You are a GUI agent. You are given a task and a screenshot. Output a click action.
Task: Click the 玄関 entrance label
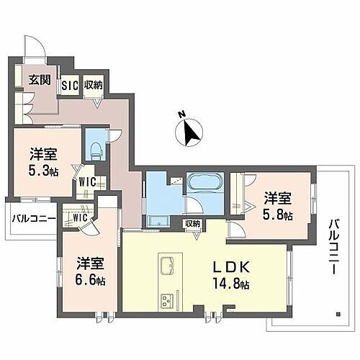click(x=40, y=80)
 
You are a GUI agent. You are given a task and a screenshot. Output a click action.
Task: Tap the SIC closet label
click(x=69, y=86)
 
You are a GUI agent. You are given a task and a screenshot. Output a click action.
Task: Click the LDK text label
click(x=233, y=266)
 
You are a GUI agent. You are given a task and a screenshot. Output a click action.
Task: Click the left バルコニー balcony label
click(x=32, y=218)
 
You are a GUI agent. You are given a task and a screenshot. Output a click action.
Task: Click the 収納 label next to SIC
click(x=94, y=86)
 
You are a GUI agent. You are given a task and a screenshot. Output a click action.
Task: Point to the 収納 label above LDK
click(x=192, y=224)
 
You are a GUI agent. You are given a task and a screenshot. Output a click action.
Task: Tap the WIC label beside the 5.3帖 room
click(x=88, y=182)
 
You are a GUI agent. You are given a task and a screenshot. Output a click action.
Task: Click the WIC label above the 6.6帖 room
click(x=78, y=217)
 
